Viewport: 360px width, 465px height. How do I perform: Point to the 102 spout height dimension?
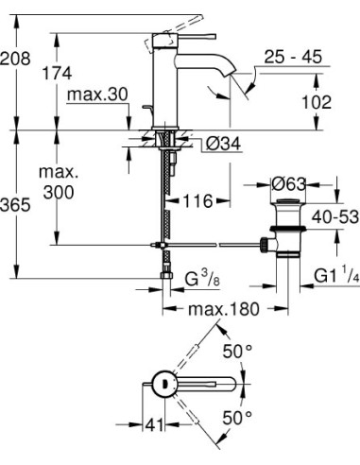(x=317, y=101)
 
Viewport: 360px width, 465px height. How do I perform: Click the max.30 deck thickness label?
(x=97, y=95)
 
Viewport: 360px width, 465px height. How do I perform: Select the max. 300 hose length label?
(x=58, y=183)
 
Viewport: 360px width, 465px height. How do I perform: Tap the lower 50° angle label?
(x=237, y=416)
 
